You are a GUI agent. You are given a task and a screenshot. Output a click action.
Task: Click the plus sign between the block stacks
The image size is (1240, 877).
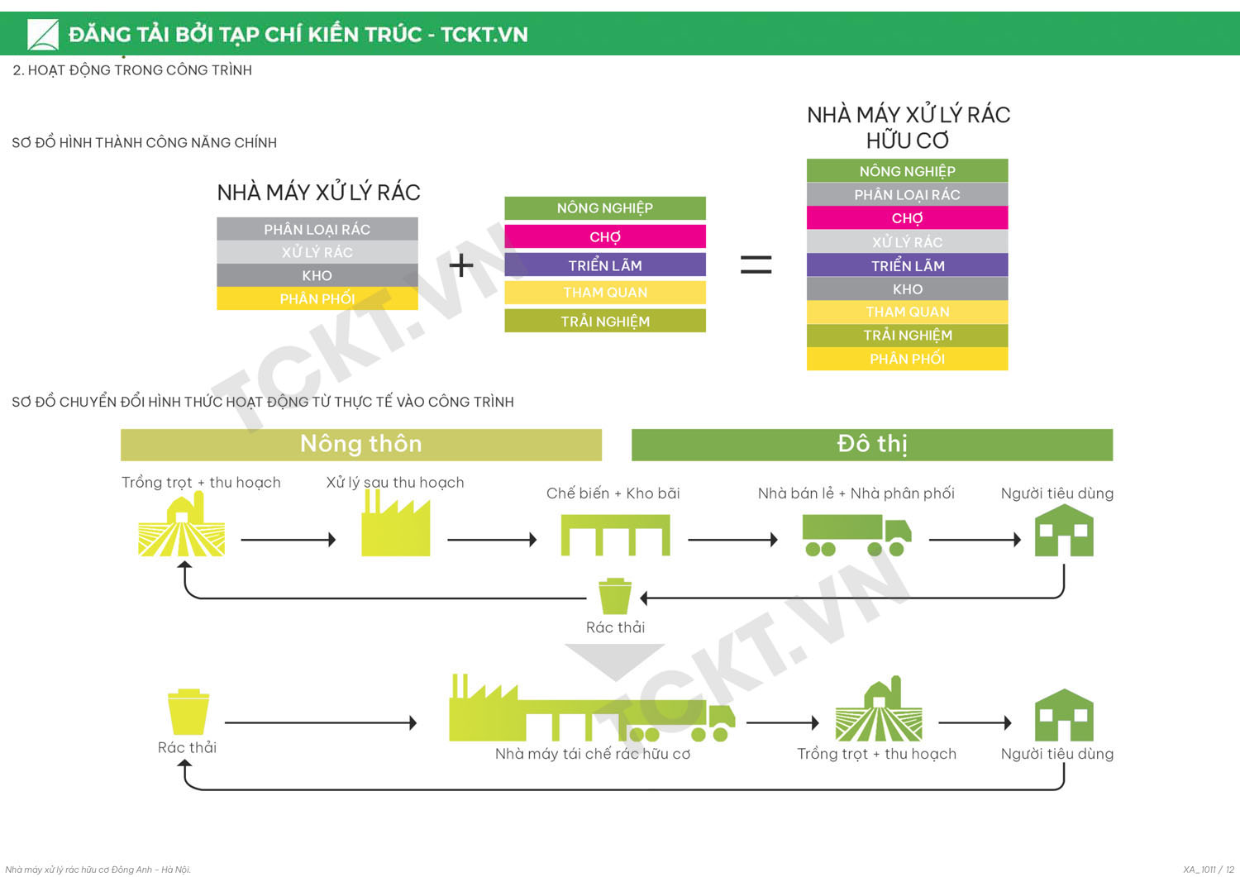point(461,265)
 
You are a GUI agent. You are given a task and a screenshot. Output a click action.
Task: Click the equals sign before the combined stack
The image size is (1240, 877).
point(756,265)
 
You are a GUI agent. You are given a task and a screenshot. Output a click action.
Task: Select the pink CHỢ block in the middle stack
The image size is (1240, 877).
point(605,237)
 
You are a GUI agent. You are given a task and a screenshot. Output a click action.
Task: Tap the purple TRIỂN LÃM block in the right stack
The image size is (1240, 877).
point(907,265)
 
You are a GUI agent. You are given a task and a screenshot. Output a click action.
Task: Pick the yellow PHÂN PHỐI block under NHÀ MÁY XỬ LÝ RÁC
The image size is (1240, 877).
point(317,298)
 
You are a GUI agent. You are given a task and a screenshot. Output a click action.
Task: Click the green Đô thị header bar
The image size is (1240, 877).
point(871,445)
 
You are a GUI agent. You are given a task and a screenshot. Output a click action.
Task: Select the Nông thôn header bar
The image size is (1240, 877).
point(361,445)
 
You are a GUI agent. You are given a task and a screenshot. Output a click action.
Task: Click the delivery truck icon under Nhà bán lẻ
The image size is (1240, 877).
point(856,535)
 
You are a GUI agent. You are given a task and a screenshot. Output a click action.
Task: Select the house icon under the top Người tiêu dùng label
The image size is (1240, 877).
point(1064,531)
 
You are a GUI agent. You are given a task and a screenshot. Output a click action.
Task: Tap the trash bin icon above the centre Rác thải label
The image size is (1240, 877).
point(614,596)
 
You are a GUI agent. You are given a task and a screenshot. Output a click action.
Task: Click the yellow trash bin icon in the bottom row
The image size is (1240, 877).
point(188,712)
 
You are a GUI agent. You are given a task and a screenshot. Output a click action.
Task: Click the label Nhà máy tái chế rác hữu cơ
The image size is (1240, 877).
point(592,754)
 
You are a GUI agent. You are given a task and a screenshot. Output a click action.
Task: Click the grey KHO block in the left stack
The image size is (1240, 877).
point(317,275)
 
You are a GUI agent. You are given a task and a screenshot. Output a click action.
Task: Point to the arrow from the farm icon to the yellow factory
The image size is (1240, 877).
point(288,540)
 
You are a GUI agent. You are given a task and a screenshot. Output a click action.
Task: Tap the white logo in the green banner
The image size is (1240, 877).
point(42,35)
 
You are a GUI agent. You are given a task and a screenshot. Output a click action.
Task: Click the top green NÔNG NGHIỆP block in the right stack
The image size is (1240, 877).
point(907,171)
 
